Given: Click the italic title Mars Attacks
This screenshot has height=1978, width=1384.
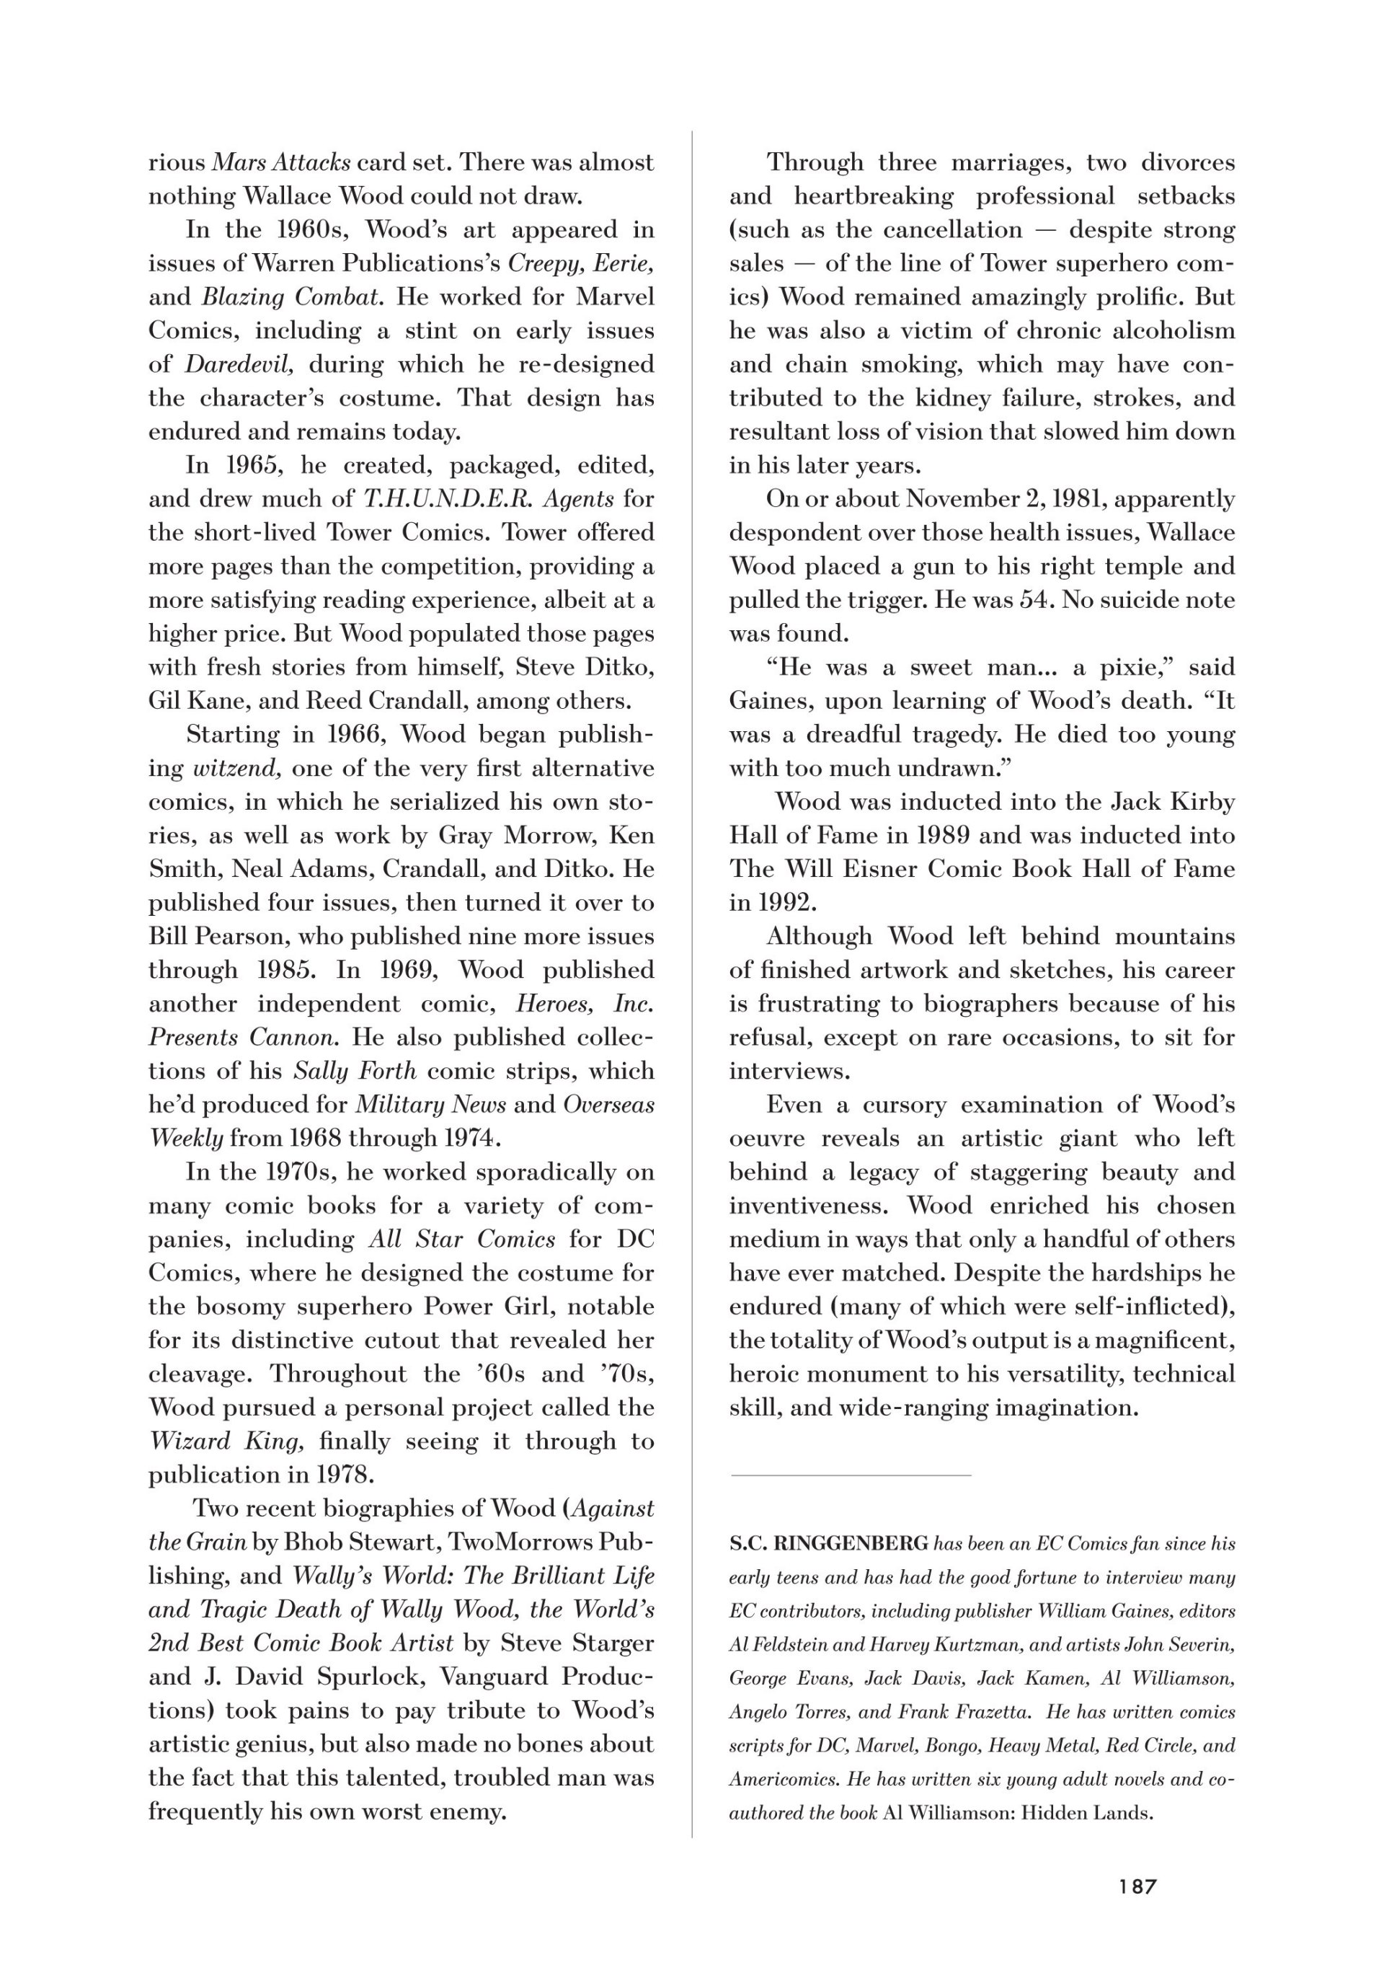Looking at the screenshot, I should (280, 162).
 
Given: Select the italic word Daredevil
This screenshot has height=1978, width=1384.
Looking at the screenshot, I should (239, 364).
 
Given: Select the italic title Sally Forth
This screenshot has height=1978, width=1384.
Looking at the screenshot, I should (355, 1071).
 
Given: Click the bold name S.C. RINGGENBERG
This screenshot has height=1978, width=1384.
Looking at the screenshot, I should (828, 1544).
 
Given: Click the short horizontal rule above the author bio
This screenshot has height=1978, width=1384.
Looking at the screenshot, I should (850, 1475).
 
